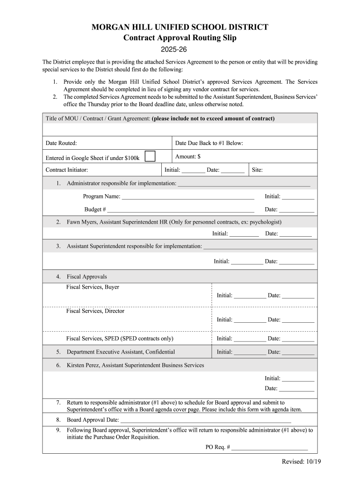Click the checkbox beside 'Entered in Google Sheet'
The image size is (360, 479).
coord(150,156)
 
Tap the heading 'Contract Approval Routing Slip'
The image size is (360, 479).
coord(180,38)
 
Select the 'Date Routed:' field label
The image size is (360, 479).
coord(61,143)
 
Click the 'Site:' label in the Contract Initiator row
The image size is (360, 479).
coord(257,170)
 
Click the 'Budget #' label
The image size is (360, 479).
coord(95,210)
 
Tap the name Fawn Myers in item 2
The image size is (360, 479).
coord(82,222)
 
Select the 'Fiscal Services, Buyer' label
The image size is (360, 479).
coord(93,287)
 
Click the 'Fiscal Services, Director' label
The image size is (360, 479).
coord(95,311)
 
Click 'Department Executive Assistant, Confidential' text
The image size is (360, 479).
coord(121,352)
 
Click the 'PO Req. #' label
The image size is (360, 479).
coord(218,447)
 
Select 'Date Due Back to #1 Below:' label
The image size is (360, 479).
coord(209,143)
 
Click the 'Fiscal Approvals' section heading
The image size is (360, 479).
coord(86,276)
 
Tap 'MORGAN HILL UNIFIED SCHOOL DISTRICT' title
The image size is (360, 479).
coord(180,27)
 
